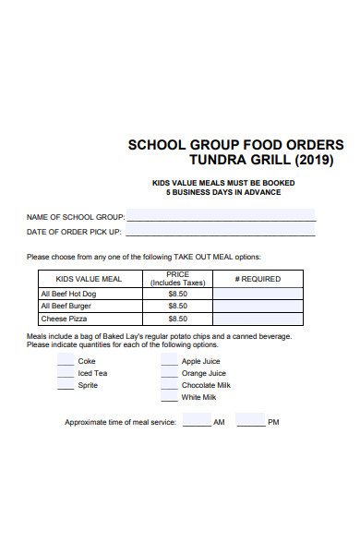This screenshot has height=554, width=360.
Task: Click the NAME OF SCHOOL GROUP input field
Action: point(221,215)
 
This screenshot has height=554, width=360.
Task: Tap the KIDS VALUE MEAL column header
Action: point(89,279)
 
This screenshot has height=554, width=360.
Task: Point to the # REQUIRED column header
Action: point(258,279)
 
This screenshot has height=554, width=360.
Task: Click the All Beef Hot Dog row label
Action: point(69,294)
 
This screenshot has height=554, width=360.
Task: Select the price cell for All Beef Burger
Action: point(178,306)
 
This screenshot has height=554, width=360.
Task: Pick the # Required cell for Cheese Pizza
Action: point(258,318)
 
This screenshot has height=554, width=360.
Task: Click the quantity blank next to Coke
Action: point(66,360)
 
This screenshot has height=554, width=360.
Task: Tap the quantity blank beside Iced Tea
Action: point(66,372)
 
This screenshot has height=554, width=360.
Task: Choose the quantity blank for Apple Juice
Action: point(169,360)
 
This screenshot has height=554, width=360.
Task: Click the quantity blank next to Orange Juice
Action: point(169,372)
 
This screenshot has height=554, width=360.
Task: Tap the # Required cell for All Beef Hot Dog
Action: point(258,294)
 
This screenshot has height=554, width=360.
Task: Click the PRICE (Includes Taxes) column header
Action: point(178,279)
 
